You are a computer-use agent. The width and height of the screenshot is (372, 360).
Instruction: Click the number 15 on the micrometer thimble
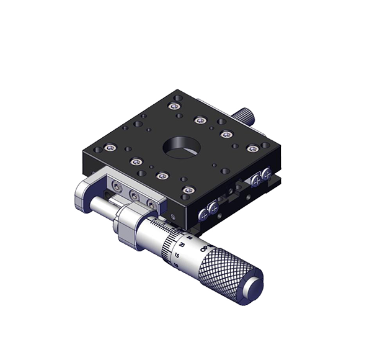pyautogui.click(x=178, y=255)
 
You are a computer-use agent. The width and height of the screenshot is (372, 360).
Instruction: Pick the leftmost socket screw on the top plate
pyautogui.click(x=110, y=147)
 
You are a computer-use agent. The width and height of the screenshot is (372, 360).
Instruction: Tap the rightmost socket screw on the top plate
pyautogui.click(x=252, y=148)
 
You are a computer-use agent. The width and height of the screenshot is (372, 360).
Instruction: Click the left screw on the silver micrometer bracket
pyautogui.click(x=117, y=186)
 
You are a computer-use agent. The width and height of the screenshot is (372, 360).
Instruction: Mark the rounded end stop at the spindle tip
pyautogui.click(x=83, y=199)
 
